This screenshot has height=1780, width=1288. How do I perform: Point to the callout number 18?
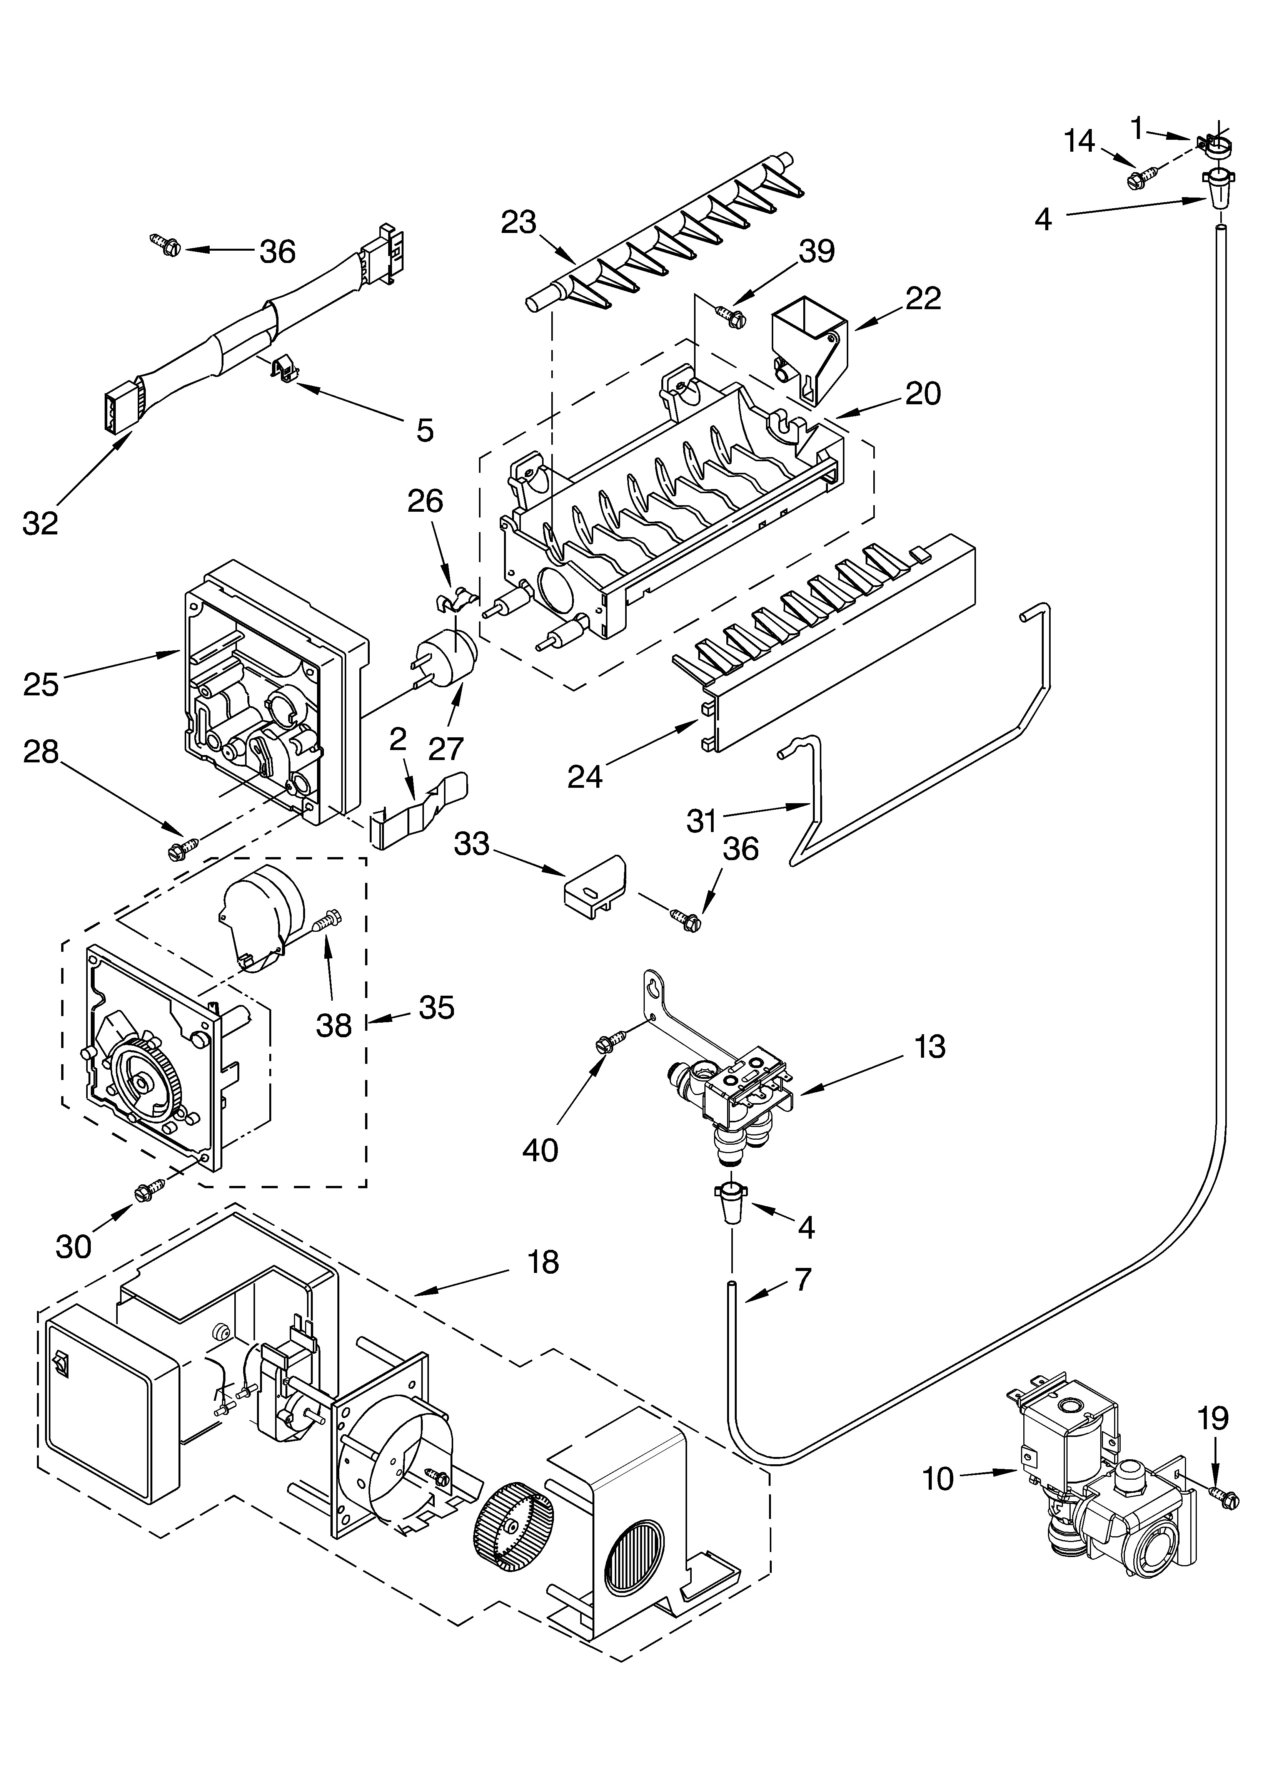click(543, 1262)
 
